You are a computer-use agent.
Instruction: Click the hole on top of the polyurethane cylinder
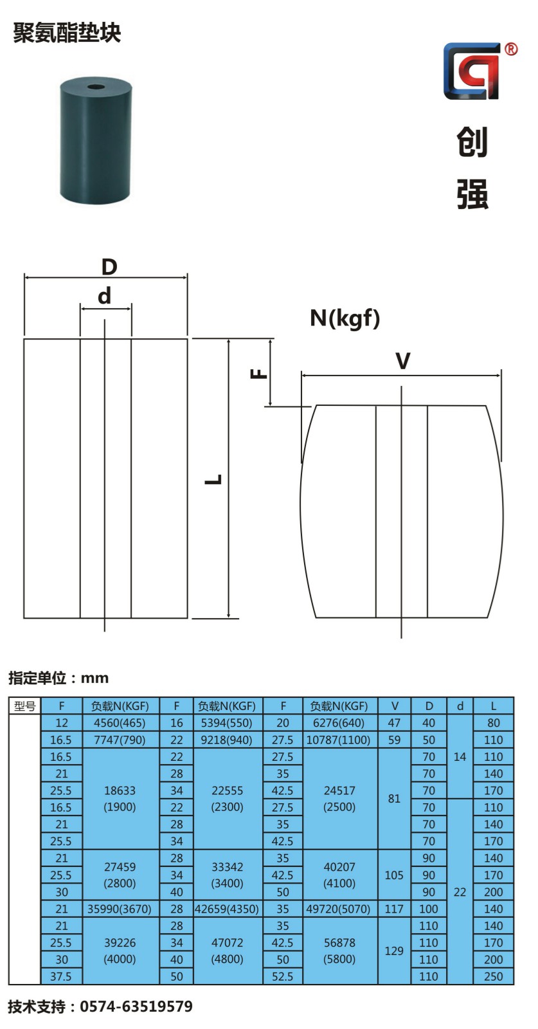click(x=96, y=87)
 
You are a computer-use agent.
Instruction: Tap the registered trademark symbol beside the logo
click(x=511, y=49)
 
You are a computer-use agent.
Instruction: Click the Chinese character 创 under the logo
click(x=472, y=142)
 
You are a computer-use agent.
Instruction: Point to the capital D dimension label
click(x=109, y=267)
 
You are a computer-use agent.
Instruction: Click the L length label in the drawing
click(x=213, y=480)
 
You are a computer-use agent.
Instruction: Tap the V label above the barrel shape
click(x=402, y=361)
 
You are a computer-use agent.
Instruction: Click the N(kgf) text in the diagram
click(x=345, y=318)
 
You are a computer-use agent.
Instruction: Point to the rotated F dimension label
click(x=258, y=374)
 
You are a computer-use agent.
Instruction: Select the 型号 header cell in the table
click(x=25, y=706)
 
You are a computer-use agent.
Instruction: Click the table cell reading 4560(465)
click(x=120, y=723)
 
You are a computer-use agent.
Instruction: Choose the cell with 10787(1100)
click(x=339, y=740)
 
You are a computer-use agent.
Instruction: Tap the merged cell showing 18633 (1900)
click(x=120, y=799)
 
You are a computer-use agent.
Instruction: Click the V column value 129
click(x=394, y=951)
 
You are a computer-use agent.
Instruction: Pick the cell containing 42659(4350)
click(x=228, y=909)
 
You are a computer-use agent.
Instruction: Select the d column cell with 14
click(x=460, y=757)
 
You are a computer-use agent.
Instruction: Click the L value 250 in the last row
click(x=494, y=976)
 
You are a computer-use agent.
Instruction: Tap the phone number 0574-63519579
click(x=136, y=1006)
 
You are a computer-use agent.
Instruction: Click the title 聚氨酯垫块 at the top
click(x=67, y=33)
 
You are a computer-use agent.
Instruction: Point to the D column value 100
click(x=429, y=909)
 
